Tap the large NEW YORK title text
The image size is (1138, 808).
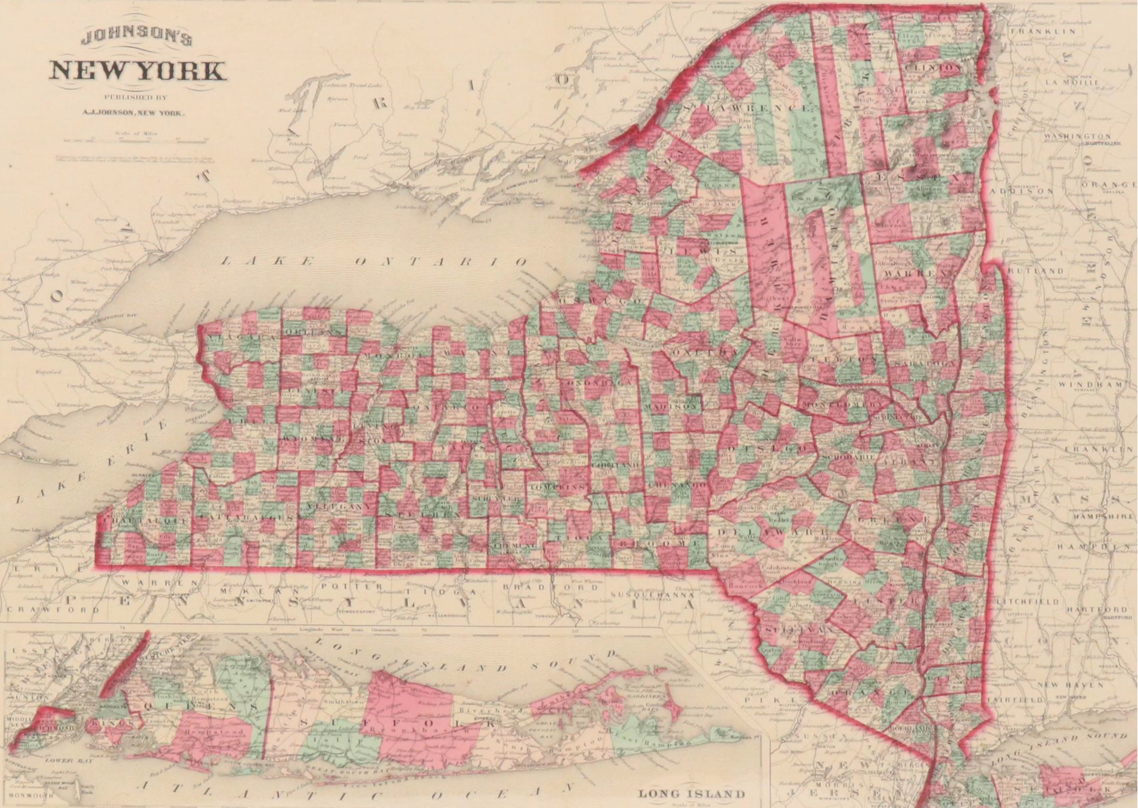click(138, 71)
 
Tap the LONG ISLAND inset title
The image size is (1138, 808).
click(692, 794)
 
